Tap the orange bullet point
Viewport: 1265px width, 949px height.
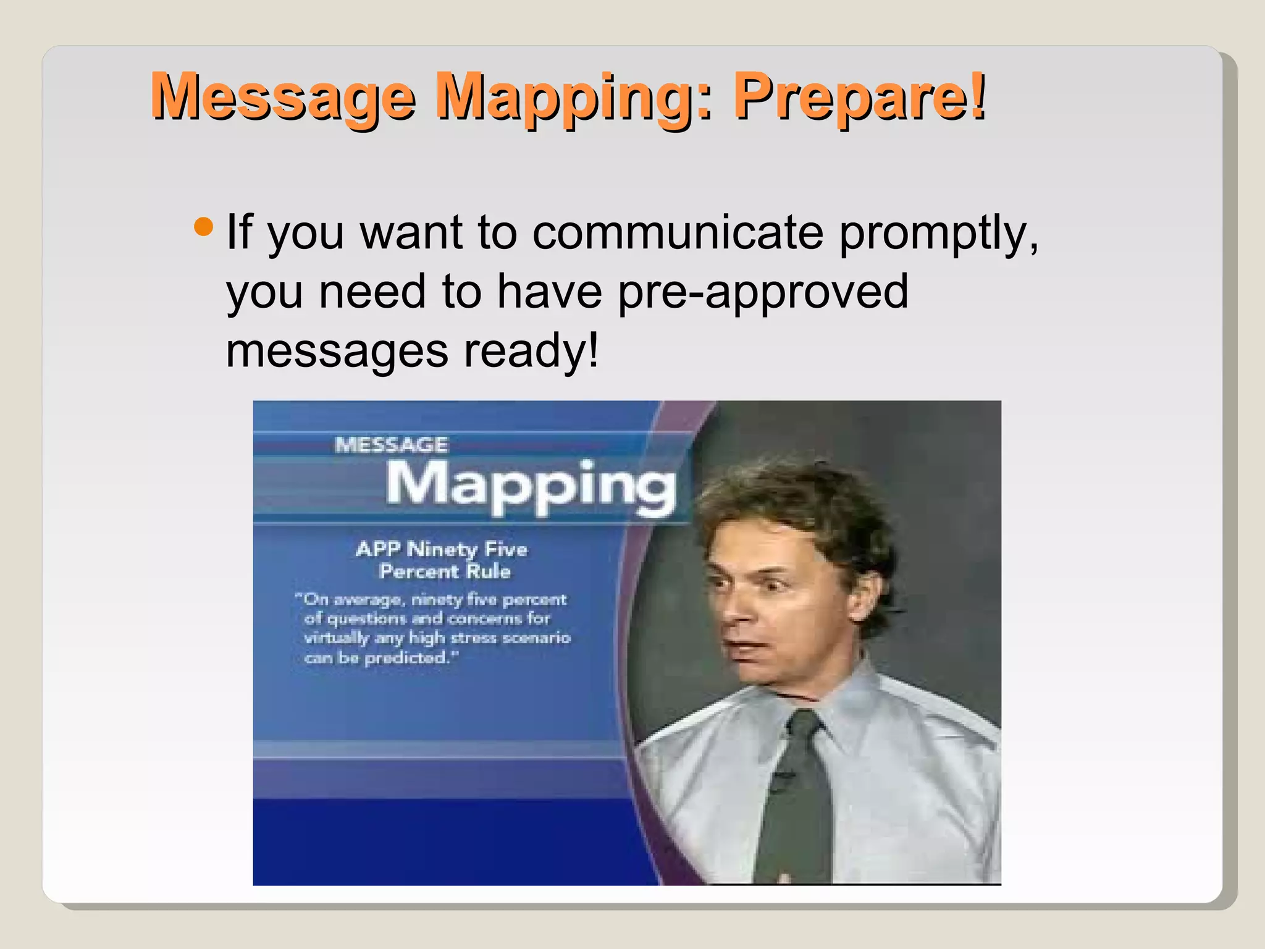click(x=203, y=227)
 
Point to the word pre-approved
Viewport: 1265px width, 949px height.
click(x=762, y=292)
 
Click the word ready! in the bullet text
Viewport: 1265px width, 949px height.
click(x=531, y=351)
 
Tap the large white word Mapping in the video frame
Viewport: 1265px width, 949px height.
click(x=531, y=486)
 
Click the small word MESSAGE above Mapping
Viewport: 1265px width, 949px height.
click(x=392, y=445)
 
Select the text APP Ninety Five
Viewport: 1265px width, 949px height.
click(x=442, y=549)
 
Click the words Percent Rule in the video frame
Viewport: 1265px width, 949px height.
click(x=445, y=572)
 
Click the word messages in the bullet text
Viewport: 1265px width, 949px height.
click(x=337, y=351)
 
